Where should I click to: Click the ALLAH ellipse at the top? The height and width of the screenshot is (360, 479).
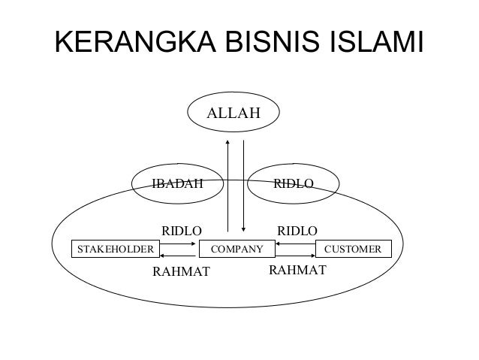click(233, 114)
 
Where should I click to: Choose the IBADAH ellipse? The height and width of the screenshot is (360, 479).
click(178, 183)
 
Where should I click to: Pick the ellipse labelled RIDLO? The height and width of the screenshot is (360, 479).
click(294, 183)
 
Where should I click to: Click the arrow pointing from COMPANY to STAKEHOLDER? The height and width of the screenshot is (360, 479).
click(177, 254)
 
